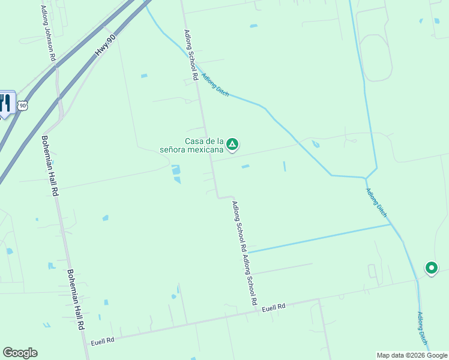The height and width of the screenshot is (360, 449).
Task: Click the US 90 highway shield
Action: (23, 106)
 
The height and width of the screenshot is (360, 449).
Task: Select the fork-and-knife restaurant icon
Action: (6, 103)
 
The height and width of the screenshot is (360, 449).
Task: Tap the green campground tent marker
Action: (232, 145)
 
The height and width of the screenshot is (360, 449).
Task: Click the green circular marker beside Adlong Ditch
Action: (431, 268)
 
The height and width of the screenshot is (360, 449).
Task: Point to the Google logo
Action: (20, 353)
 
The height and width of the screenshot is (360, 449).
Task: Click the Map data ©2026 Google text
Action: (412, 355)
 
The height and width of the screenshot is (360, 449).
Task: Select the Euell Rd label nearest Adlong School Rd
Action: (273, 307)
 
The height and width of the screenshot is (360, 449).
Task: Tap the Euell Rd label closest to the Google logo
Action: (102, 340)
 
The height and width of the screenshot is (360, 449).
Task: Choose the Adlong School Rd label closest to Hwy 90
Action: (191, 55)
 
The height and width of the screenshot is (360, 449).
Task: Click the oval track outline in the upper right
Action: (376, 57)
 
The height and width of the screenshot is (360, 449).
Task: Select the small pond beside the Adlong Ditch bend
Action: (316, 144)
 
